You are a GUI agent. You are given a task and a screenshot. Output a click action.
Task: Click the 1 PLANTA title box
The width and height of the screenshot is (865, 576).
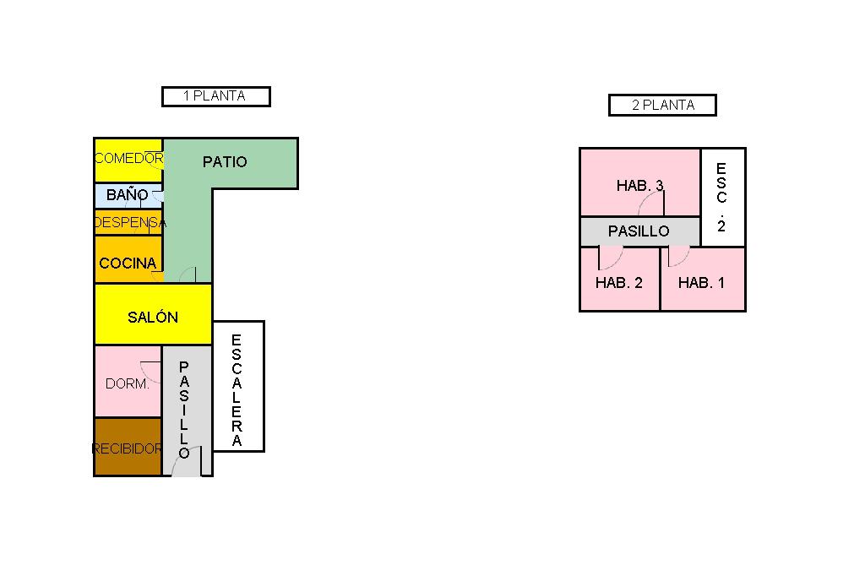[x=216, y=96]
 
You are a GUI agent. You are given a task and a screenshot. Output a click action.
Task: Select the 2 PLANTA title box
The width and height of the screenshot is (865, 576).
[x=662, y=105]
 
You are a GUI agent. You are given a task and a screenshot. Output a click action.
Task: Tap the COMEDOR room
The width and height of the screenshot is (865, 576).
[x=128, y=160]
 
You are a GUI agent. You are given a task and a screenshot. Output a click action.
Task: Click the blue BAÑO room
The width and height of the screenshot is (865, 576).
[x=128, y=195]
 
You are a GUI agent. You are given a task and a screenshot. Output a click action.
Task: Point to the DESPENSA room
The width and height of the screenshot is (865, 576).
[x=128, y=222]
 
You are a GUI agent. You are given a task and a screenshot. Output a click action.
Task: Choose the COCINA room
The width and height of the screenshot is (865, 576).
[x=128, y=259]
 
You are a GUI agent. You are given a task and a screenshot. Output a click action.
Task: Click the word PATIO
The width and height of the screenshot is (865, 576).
[x=225, y=161]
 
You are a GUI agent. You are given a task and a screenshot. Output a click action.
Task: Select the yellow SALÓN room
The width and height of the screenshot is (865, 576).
[x=153, y=314]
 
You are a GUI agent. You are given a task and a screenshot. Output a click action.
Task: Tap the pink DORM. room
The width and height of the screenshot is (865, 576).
[x=128, y=381]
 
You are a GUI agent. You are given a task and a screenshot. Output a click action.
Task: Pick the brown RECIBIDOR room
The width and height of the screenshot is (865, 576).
[x=128, y=447]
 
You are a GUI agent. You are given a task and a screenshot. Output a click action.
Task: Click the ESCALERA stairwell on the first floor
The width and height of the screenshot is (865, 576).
[x=238, y=386]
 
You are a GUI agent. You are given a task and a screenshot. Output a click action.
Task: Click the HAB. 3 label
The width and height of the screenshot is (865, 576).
[x=640, y=185]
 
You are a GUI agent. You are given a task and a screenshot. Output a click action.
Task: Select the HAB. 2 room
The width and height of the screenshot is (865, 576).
[x=619, y=280]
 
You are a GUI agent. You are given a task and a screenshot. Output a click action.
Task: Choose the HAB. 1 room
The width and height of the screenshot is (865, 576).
[x=703, y=280]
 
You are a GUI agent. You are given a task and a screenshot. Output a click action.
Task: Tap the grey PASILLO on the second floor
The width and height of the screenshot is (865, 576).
[x=640, y=231]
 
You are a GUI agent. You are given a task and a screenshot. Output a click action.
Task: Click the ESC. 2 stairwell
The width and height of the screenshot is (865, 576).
[x=723, y=197]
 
